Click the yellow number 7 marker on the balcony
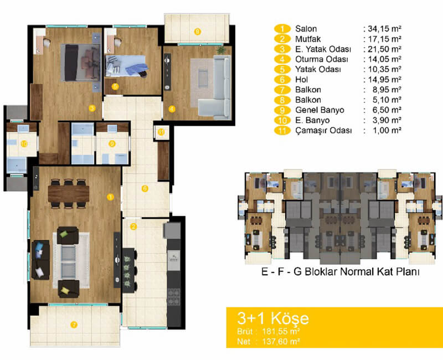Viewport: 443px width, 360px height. pos(74,325)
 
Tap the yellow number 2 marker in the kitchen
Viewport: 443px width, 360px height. pos(133,227)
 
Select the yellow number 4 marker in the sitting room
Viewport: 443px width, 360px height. pos(172,109)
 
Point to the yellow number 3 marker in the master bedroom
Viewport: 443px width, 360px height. pos(92,108)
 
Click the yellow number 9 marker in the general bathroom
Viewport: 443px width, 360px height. pos(112,144)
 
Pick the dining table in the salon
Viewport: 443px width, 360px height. pos(69,193)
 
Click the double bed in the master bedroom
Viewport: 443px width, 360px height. pos(81,63)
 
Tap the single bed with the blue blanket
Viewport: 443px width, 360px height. pos(126,66)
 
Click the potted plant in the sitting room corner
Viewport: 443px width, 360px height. pos(221,50)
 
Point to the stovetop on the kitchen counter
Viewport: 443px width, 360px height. pos(173,297)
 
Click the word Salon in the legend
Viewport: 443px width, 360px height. pos(306,29)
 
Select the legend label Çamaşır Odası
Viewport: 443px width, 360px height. pos(324,131)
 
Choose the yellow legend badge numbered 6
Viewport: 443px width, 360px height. pos(282,80)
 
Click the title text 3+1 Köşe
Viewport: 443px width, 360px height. pos(273,318)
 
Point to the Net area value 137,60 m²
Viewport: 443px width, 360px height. pos(281,341)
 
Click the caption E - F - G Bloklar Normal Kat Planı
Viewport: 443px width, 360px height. pos(341,271)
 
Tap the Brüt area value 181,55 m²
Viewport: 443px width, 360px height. pos(281,331)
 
